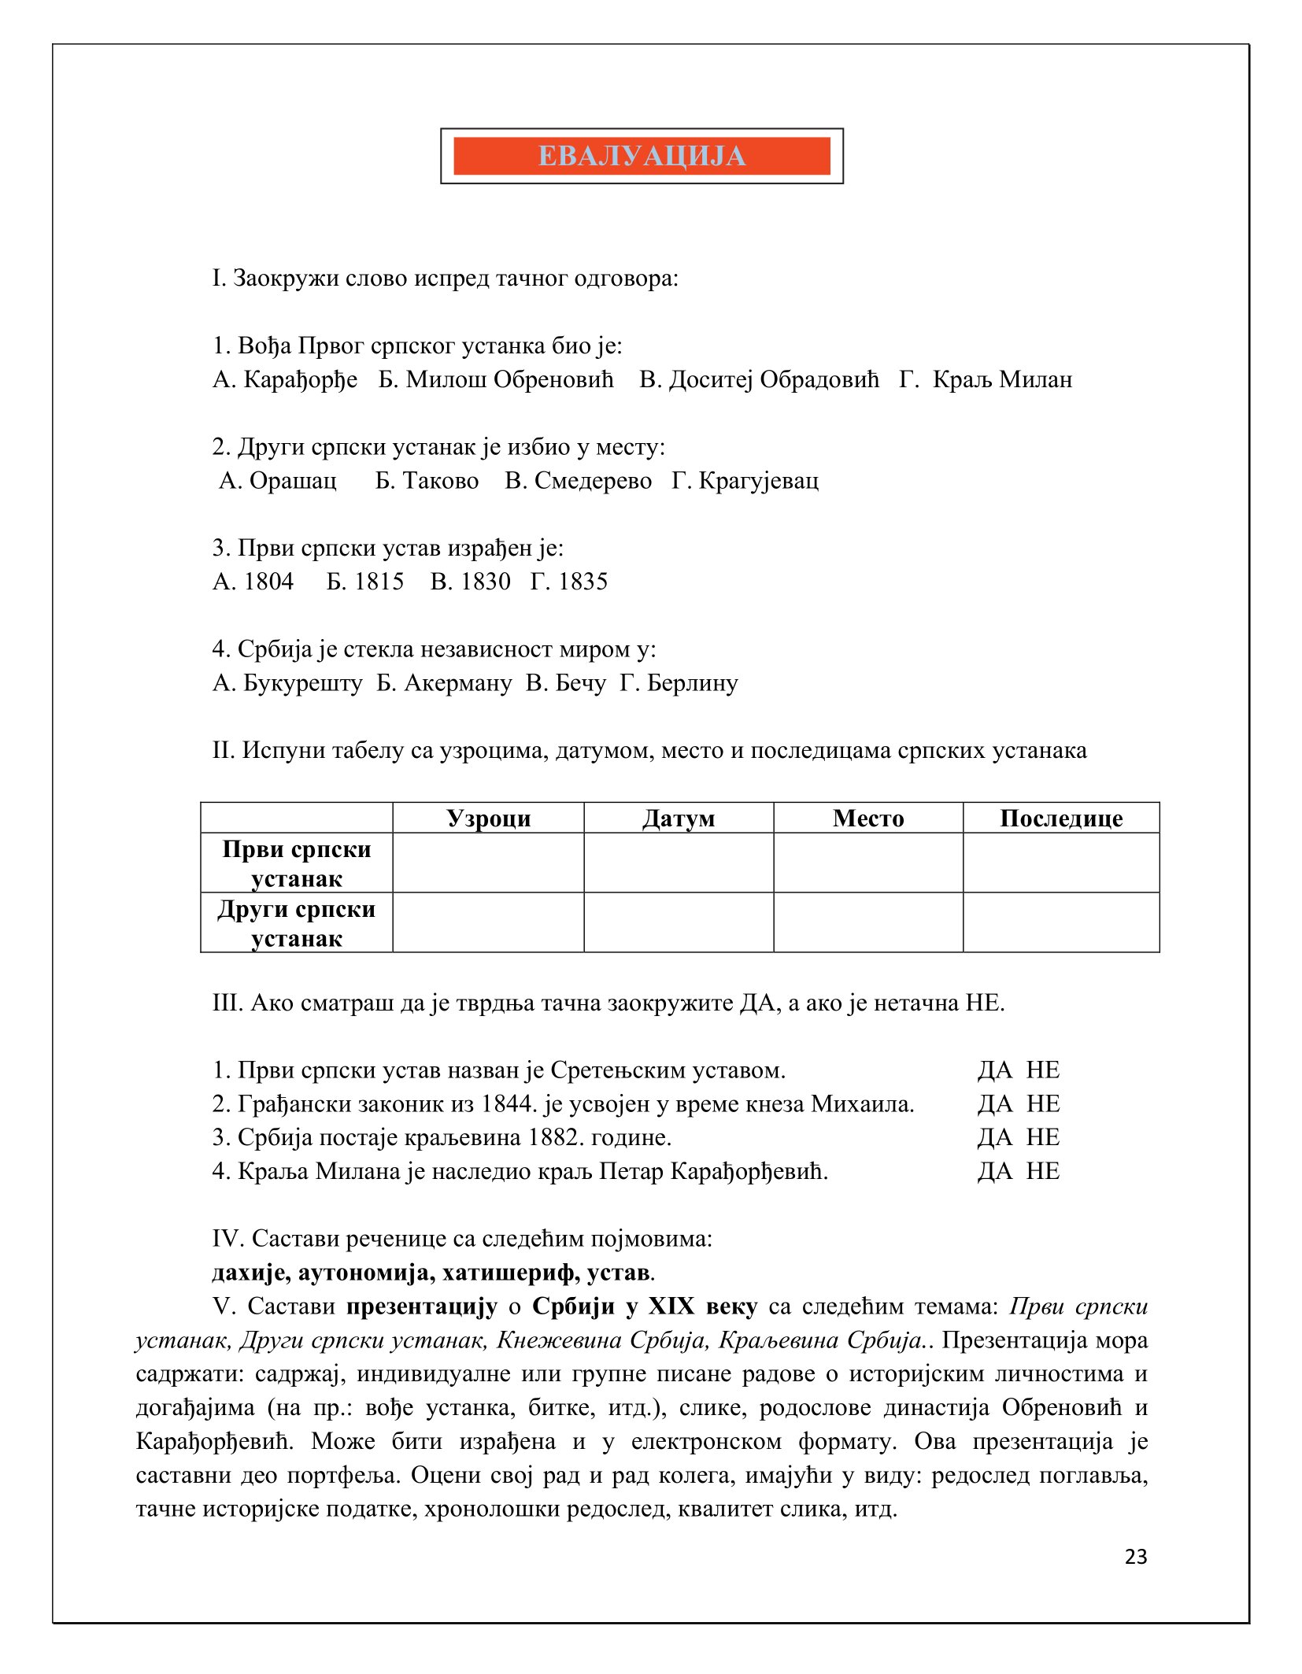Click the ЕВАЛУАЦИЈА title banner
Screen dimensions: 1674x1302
point(642,156)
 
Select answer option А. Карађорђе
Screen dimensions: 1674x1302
point(285,380)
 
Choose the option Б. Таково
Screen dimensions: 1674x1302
point(427,481)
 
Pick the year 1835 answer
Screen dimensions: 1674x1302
point(569,582)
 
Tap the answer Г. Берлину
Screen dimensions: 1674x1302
point(679,682)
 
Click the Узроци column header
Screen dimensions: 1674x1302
point(488,819)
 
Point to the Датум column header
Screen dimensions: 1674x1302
point(679,819)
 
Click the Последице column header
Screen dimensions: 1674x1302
point(1060,819)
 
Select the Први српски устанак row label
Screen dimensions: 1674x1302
point(297,863)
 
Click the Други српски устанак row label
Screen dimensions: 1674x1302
point(297,923)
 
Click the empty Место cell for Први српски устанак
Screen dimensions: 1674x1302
point(867,863)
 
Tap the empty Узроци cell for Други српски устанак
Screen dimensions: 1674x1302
point(488,923)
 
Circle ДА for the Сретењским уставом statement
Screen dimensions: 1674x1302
point(994,1070)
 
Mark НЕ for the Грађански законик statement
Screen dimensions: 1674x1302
point(1043,1104)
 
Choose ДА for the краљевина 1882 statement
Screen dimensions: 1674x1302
point(994,1137)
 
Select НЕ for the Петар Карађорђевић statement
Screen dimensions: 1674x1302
point(1043,1171)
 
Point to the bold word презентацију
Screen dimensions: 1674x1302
point(422,1306)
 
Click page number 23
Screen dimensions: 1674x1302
point(1136,1557)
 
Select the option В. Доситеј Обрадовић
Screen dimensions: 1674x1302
point(759,380)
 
